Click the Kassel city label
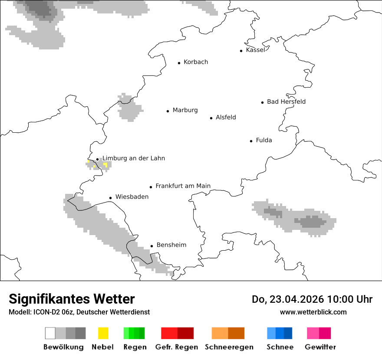[255, 50]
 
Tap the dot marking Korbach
[179, 63]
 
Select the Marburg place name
[185, 110]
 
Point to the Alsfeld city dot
[211, 118]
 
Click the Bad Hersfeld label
[286, 101]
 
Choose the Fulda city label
[264, 140]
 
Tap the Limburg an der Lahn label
[133, 158]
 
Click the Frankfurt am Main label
[183, 186]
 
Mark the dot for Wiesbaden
[111, 198]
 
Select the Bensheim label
[171, 245]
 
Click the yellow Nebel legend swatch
[103, 333]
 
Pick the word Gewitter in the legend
[320, 347]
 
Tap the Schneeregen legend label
[229, 347]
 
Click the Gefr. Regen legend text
[176, 347]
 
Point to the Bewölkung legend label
[63, 347]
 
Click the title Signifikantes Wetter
[72, 299]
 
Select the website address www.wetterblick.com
[313, 312]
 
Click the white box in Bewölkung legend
[50, 333]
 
